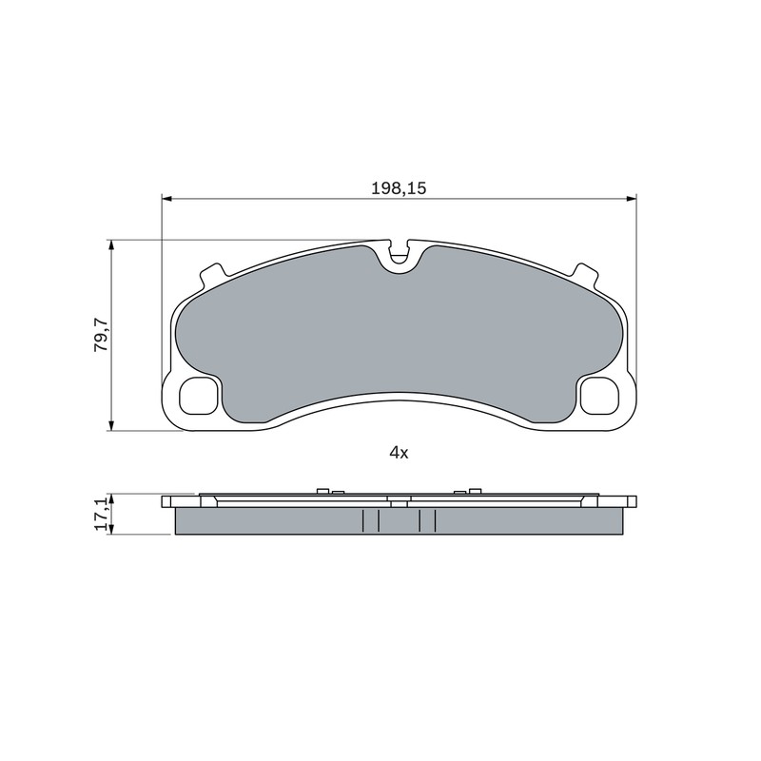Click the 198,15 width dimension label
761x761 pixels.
pos(399,188)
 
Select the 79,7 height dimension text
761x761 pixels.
pos(101,335)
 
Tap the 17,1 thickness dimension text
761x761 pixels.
pos(101,515)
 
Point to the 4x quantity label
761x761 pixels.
pos(399,453)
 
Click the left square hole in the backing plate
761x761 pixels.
pos(198,396)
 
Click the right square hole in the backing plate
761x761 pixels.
pos(600,396)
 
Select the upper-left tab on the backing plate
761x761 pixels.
pos(211,275)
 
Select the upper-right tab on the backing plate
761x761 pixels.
pos(585,275)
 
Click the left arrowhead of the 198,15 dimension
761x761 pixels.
pos(166,199)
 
